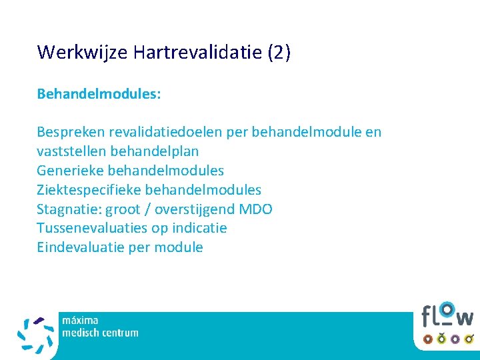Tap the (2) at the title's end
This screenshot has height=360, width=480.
pyautogui.click(x=278, y=53)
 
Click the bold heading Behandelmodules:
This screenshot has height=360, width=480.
pyautogui.click(x=99, y=94)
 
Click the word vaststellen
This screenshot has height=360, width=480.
pyautogui.click(x=69, y=151)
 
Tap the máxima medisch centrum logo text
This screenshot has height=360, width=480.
pyautogui.click(x=100, y=327)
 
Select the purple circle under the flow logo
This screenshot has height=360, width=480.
pyautogui.click(x=455, y=339)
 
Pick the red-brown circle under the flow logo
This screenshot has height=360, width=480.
pyautogui.click(x=441, y=339)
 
